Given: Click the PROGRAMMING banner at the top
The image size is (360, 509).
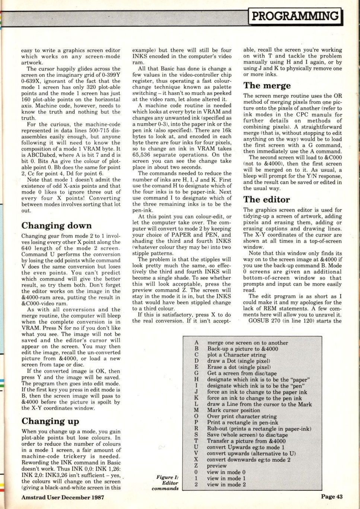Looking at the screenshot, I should point(296,16).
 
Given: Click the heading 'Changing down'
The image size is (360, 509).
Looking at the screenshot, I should point(56,226).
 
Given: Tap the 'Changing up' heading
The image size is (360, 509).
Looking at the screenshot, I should point(50,421).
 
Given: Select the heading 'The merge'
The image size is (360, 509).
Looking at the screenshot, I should point(267,86).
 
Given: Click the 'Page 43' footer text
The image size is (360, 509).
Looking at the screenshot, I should point(332,497).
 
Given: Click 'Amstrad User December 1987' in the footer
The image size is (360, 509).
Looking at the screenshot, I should point(63,497).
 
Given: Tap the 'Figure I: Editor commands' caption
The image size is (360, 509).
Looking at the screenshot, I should point(165,483).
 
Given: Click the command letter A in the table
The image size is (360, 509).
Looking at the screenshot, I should point(196,343).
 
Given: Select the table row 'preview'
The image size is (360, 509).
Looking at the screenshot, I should point(217,466).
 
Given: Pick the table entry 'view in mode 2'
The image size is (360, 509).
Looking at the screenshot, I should point(226,484).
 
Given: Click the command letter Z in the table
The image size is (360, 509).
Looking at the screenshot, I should point(196,466).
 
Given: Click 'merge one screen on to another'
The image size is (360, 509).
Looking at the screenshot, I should point(247,343).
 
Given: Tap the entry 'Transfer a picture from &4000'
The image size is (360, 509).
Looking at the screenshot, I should point(246,441).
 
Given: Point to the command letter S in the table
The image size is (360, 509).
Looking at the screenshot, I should point(196,435).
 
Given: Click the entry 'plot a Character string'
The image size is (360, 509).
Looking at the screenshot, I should point(236,355).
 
